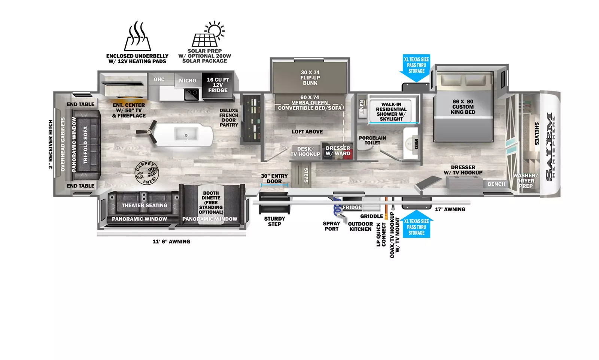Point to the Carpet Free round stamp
point(146,173)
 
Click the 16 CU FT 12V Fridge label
point(218,85)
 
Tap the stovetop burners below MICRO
point(191,94)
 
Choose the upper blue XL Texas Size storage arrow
point(416,67)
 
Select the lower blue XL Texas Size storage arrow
point(416,225)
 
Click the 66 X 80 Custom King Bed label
point(463,107)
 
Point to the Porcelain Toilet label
point(372,140)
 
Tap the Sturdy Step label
point(274,221)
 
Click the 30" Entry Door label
point(274,179)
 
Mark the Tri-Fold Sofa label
point(85,145)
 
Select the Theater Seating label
point(144,205)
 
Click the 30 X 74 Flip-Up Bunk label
point(310,78)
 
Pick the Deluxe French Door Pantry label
point(229,118)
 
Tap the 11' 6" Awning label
point(171,242)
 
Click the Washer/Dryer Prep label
point(525,181)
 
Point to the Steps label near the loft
point(306,175)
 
